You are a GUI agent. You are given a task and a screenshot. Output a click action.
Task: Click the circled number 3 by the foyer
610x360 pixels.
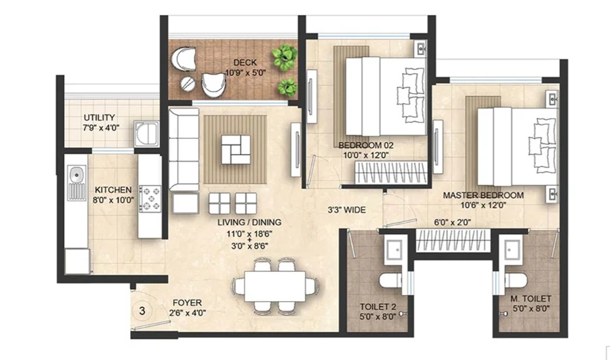pos(142,311)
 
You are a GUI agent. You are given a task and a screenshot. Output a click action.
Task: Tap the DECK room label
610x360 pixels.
pos(245,62)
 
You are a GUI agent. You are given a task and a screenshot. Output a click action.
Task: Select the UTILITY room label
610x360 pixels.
pos(99,117)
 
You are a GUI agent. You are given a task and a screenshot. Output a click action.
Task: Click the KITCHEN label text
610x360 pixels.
pos(113,190)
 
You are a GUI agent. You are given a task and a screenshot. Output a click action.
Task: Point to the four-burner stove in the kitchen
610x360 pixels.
pos(150,198)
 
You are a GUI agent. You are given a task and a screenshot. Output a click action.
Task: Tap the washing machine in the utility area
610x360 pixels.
pos(146,134)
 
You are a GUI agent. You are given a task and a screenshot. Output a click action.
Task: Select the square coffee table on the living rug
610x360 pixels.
pos(236,149)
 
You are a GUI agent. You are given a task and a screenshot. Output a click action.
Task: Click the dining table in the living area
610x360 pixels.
pos(274,286)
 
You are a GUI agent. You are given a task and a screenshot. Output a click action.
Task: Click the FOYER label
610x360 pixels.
pos(187,302)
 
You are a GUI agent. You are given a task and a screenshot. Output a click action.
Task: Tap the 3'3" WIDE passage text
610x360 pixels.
pos(346,210)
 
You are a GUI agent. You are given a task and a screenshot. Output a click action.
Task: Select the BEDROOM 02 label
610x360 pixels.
pos(366,146)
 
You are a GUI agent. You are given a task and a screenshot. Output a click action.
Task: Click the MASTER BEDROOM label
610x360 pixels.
pos(483,195)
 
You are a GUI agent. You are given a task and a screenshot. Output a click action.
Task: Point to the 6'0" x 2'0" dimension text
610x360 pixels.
pos(453,222)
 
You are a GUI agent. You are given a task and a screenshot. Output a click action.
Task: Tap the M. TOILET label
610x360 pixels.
pos(531,299)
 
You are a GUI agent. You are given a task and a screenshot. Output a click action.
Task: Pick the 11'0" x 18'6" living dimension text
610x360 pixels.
pos(249,234)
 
